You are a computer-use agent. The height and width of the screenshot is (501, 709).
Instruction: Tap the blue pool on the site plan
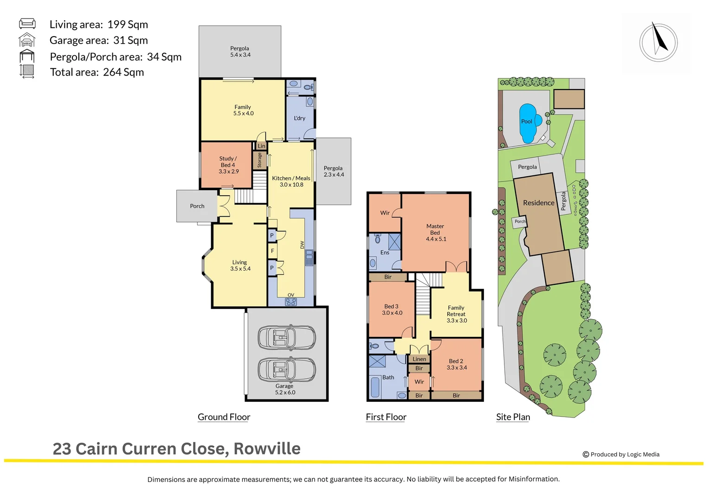point(528,123)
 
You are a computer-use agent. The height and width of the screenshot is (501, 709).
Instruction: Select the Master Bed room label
point(435,232)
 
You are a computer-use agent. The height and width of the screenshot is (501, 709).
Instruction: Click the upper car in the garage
point(287,337)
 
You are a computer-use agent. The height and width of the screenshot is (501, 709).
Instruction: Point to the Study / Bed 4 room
point(228,165)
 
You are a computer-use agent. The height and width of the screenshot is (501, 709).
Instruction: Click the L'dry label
point(300,118)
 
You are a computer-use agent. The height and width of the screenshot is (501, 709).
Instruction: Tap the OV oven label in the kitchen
point(291,295)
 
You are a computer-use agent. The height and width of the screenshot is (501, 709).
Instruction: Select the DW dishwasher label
point(302,244)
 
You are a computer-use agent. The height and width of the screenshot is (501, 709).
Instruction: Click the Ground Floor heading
point(224,417)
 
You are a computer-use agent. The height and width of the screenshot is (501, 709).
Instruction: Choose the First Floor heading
point(386,417)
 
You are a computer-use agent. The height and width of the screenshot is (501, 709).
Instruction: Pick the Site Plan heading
point(513,417)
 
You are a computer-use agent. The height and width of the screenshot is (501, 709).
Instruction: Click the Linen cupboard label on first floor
point(419,359)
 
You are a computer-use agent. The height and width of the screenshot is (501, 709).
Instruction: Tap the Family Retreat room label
point(457,314)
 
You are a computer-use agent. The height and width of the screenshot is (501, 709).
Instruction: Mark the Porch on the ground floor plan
point(197,206)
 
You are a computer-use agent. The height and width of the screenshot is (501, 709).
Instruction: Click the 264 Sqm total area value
point(123,72)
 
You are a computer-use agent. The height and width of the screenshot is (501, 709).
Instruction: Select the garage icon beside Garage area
point(27,40)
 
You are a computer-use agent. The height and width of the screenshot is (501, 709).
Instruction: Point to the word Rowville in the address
point(267,449)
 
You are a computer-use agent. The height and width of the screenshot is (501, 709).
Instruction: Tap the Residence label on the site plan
point(538,203)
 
